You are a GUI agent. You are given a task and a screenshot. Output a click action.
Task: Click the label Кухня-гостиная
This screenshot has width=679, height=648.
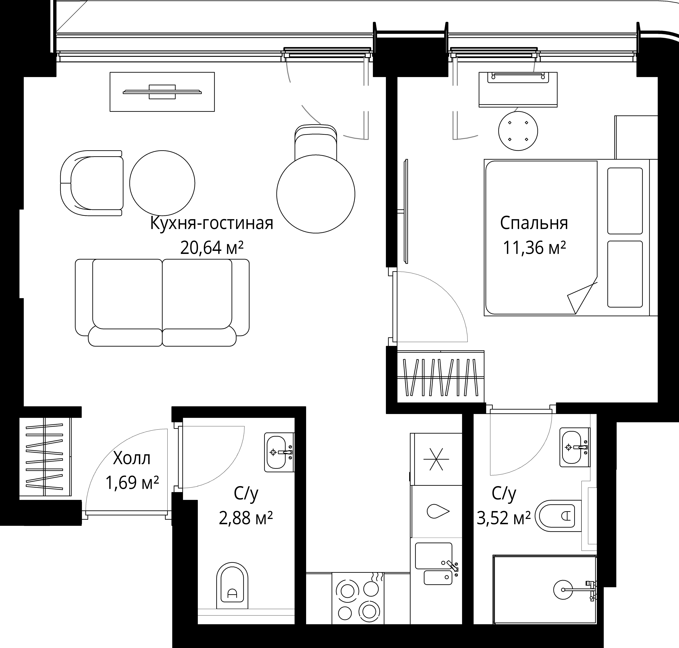point(212,223)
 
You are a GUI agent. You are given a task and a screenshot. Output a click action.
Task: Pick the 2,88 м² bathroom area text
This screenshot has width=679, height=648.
point(246,518)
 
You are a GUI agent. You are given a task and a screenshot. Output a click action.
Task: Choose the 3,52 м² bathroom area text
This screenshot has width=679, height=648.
point(503,518)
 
